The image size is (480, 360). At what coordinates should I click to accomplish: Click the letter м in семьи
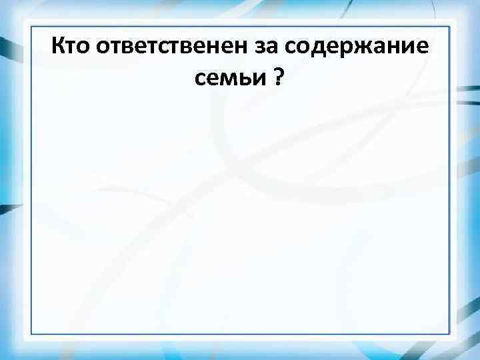click(x=229, y=81)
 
